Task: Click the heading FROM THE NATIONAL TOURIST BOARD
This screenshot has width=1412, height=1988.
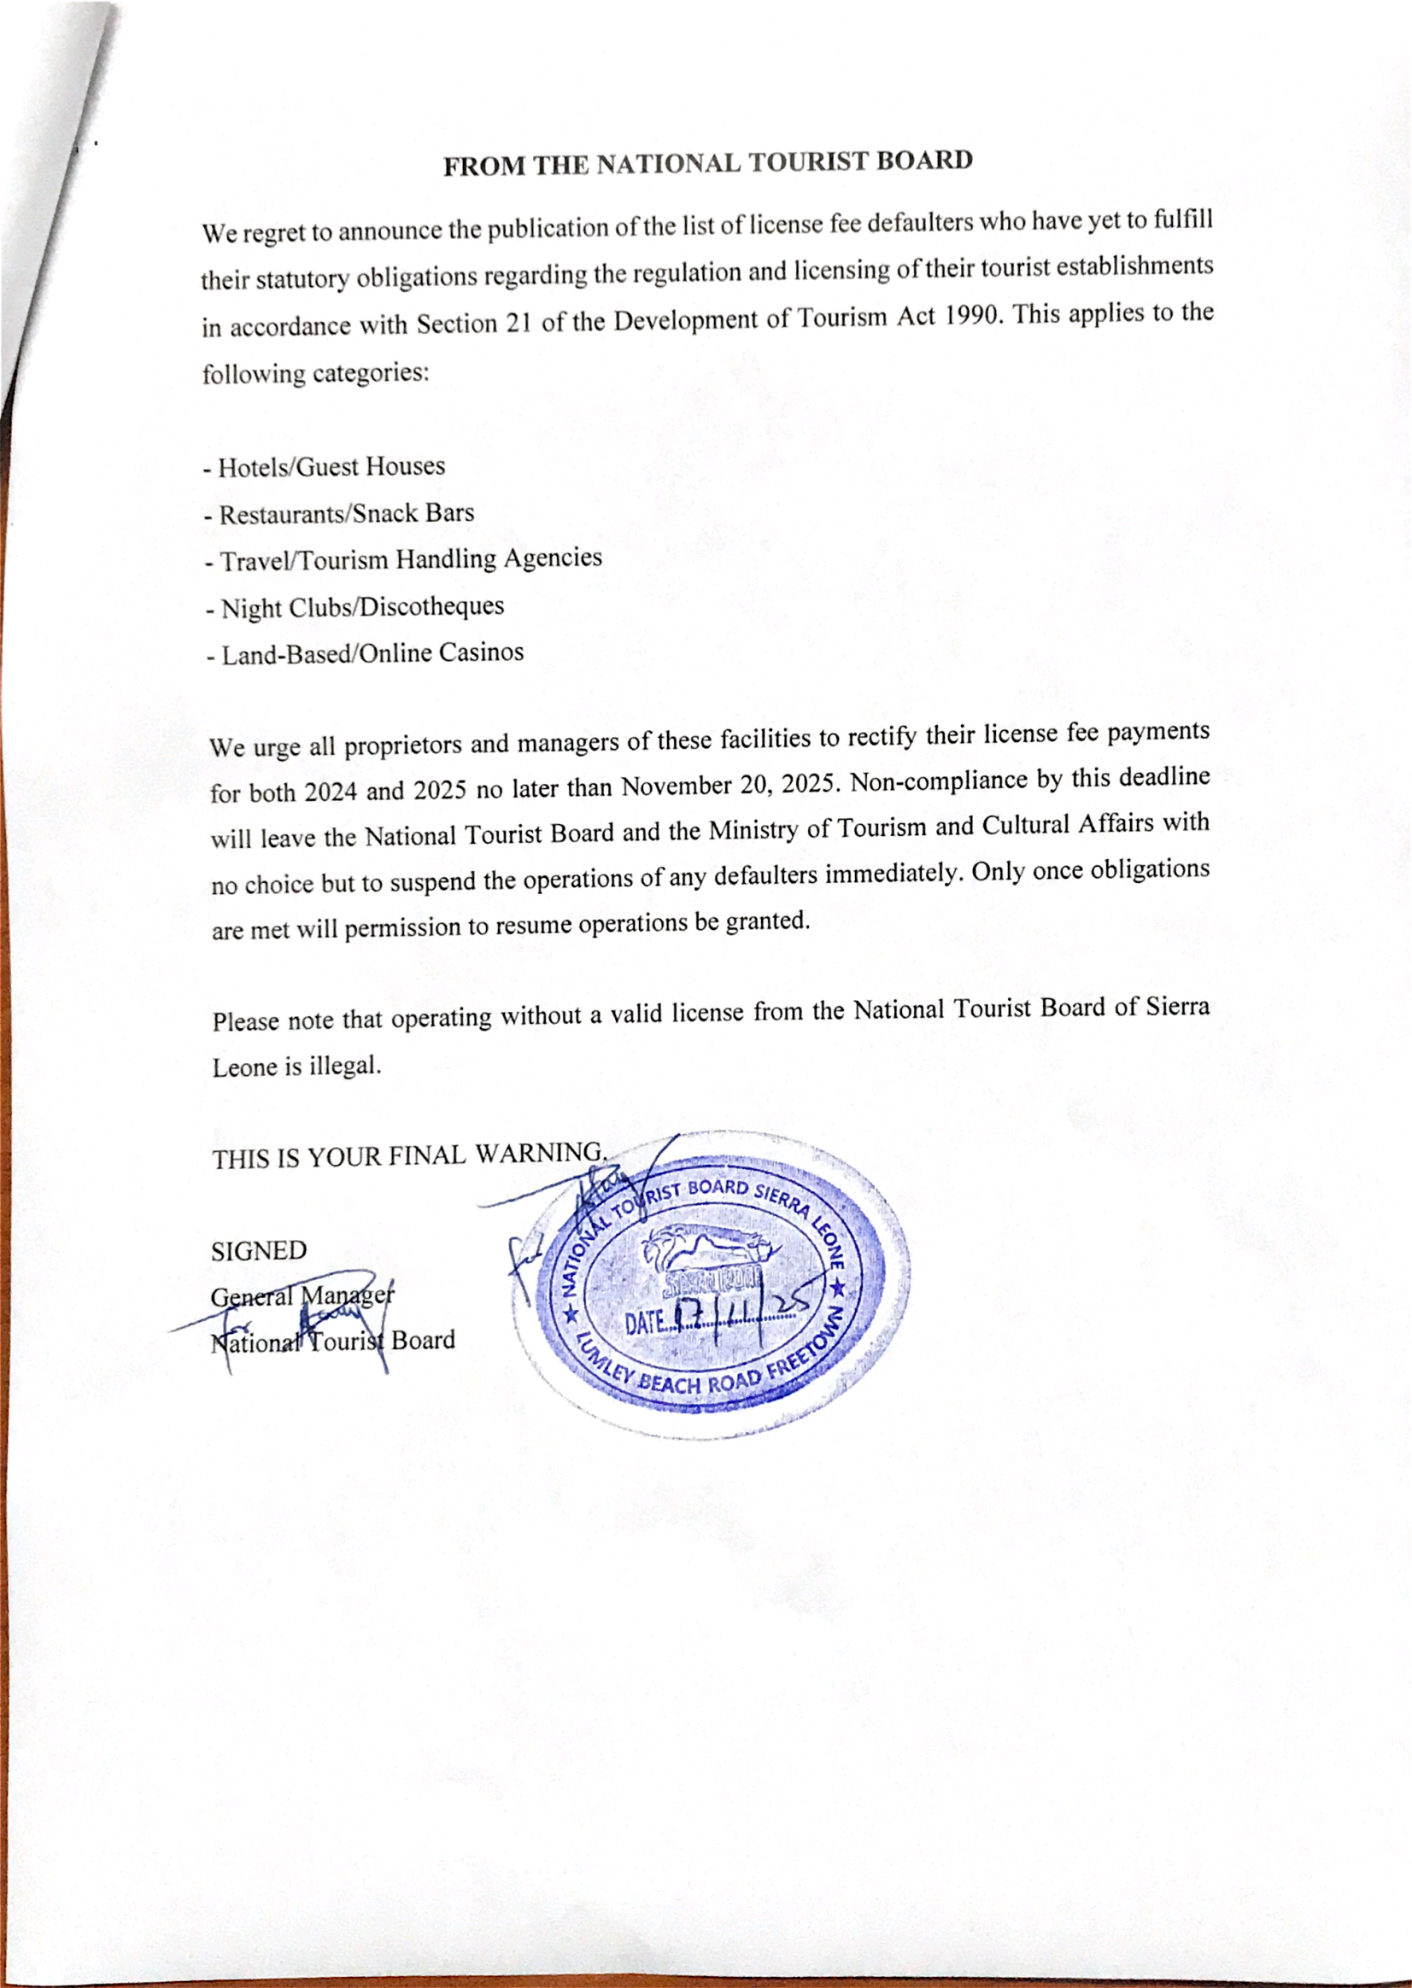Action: [707, 162]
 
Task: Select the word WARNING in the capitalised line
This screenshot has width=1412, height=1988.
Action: [539, 1154]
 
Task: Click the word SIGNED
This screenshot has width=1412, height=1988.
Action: [258, 1251]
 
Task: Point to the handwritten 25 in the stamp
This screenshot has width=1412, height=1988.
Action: [793, 1303]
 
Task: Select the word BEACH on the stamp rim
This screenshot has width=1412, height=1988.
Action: [670, 1383]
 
